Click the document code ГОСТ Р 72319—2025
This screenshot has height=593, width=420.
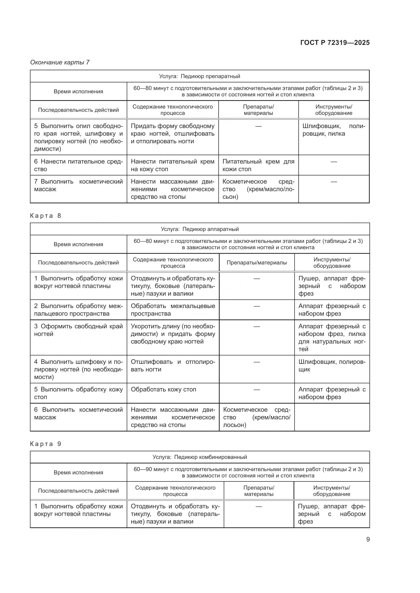click(335, 43)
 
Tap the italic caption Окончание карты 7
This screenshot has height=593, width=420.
click(60, 62)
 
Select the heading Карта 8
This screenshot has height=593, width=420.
click(45, 216)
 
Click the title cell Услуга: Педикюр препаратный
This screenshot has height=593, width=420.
click(199, 76)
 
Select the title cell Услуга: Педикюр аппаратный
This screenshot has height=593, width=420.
click(199, 229)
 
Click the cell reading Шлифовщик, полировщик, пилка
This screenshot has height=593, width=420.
click(334, 130)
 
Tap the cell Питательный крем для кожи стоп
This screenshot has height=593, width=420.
click(258, 165)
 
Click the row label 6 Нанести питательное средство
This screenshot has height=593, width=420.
click(78, 165)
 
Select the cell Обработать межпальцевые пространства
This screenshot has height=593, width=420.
click(173, 310)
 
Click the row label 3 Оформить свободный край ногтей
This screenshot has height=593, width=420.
click(78, 330)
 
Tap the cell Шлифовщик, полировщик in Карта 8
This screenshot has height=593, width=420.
click(332, 366)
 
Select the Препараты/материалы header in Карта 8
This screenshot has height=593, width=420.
click(256, 263)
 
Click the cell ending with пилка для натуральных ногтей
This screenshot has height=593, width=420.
click(332, 337)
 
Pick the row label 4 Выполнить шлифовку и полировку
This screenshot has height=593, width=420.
click(78, 369)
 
